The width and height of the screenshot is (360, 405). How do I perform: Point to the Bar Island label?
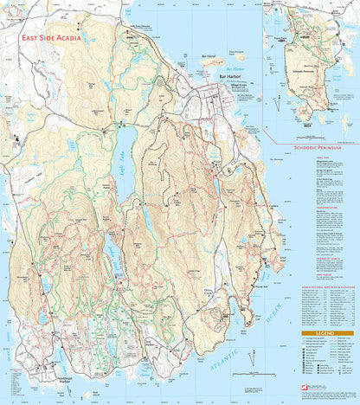[x=206, y=56]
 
